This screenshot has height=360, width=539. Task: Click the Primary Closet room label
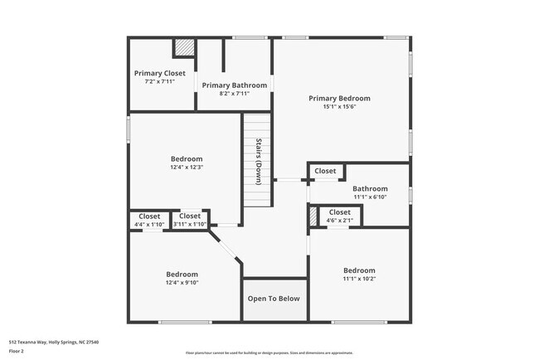coord(159,73)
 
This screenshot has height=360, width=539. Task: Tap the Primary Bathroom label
coord(234,85)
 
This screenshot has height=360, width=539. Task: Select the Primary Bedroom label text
coord(339,98)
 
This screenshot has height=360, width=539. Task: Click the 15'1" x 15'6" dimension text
coord(339,107)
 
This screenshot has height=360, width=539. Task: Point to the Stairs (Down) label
coord(259,161)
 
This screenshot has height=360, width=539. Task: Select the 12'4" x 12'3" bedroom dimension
coord(187,167)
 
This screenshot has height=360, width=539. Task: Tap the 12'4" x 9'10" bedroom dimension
coord(182,283)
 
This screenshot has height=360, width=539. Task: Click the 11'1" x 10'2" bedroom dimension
coord(359,279)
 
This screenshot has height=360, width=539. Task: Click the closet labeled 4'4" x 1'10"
coord(149,225)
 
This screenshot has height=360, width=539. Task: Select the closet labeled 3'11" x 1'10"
coord(190,225)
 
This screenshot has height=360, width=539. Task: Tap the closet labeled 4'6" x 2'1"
coord(340,220)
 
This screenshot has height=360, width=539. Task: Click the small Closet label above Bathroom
coord(325,171)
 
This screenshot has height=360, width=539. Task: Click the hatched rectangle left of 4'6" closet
coord(313,216)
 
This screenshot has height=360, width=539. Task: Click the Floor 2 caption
coord(17,351)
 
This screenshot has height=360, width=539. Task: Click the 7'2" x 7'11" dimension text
coord(159,82)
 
